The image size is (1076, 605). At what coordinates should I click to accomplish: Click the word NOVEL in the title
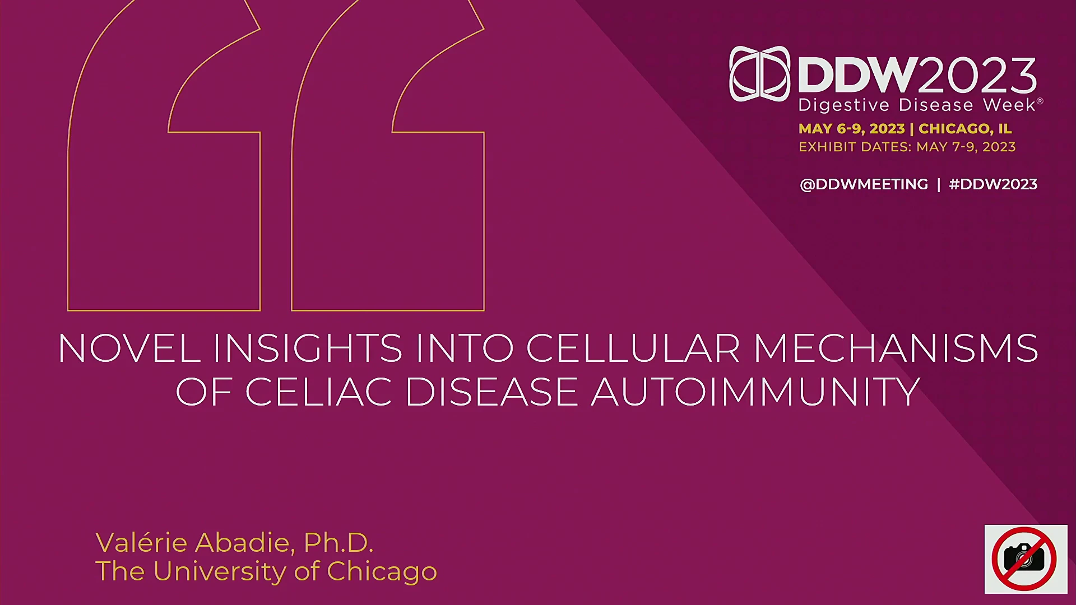[x=129, y=348]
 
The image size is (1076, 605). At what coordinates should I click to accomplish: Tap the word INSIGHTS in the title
[x=308, y=348]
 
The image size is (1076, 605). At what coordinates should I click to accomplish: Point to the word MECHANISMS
[x=896, y=348]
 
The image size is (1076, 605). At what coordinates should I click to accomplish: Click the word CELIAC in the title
[x=318, y=391]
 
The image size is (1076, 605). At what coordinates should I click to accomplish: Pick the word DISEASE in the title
[x=491, y=391]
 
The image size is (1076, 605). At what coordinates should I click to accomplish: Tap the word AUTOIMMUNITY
[x=755, y=391]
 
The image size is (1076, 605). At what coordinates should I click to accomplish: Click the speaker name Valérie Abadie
[x=194, y=542]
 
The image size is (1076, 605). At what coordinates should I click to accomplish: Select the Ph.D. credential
[x=338, y=542]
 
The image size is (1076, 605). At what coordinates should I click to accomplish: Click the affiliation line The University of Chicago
[x=266, y=571]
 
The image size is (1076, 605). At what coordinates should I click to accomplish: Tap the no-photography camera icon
[x=1026, y=559]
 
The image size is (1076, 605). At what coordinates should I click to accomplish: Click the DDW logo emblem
[x=760, y=74]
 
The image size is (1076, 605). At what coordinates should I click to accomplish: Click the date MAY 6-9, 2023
[x=851, y=128]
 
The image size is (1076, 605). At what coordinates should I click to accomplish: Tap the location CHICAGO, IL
[x=965, y=128]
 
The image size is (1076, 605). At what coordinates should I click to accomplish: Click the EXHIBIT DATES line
[x=907, y=147]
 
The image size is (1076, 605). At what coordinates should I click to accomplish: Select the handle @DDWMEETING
[x=864, y=184]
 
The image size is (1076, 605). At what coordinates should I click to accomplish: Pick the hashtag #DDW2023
[x=993, y=184]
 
